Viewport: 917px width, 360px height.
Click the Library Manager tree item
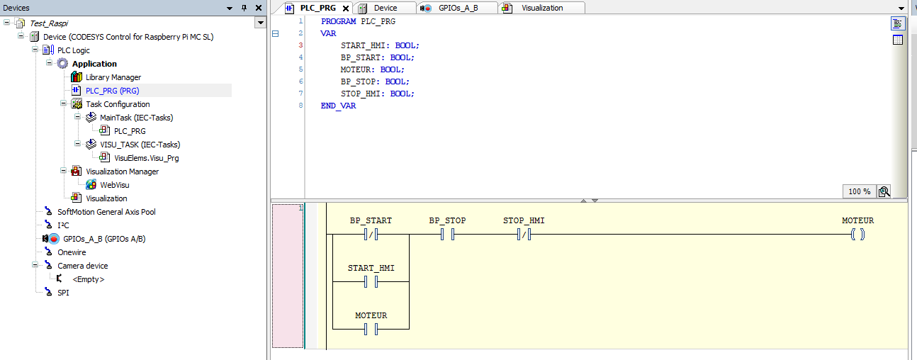pyautogui.click(x=113, y=77)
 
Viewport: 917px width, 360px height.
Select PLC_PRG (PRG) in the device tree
pyautogui.click(x=112, y=91)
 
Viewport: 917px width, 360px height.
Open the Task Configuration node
pyautogui.click(x=118, y=104)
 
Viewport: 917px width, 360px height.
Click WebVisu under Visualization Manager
pyautogui.click(x=114, y=185)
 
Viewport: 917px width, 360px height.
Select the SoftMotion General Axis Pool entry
pyautogui.click(x=106, y=212)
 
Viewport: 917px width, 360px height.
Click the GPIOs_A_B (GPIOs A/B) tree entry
pyautogui.click(x=104, y=239)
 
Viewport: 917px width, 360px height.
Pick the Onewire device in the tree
pyautogui.click(x=72, y=252)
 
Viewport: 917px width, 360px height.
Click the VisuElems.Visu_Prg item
pyautogui.click(x=146, y=158)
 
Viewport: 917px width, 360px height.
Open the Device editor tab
pyautogui.click(x=386, y=8)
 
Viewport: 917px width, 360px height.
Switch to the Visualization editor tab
pyautogui.click(x=542, y=8)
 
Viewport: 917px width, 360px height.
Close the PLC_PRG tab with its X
pyautogui.click(x=346, y=9)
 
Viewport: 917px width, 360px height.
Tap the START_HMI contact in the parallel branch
pyautogui.click(x=371, y=282)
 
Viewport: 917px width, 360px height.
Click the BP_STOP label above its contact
pyautogui.click(x=447, y=221)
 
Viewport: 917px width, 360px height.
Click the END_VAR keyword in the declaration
pyautogui.click(x=338, y=106)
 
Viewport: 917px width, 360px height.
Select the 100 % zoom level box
pyautogui.click(x=859, y=191)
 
